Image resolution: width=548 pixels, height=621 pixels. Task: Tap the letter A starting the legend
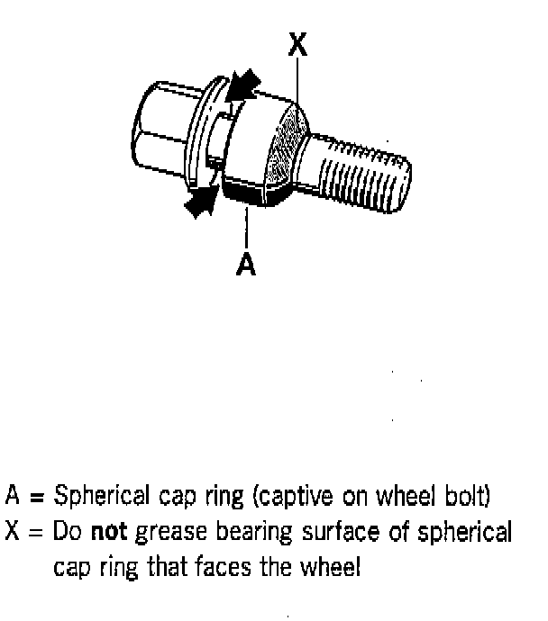pyautogui.click(x=14, y=495)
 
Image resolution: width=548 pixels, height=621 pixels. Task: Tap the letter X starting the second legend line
pyautogui.click(x=14, y=531)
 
